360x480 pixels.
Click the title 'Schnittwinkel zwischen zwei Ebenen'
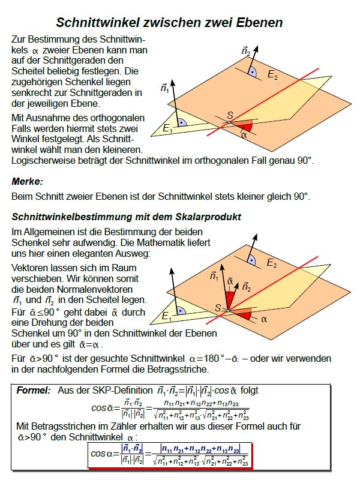(169, 23)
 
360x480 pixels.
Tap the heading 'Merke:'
(28, 181)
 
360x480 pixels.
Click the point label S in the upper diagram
(230, 115)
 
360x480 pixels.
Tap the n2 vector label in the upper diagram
(246, 50)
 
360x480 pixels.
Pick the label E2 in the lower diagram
(272, 263)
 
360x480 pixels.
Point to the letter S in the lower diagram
(219, 307)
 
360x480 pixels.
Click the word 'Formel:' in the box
(34, 389)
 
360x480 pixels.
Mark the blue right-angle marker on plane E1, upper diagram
(181, 121)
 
